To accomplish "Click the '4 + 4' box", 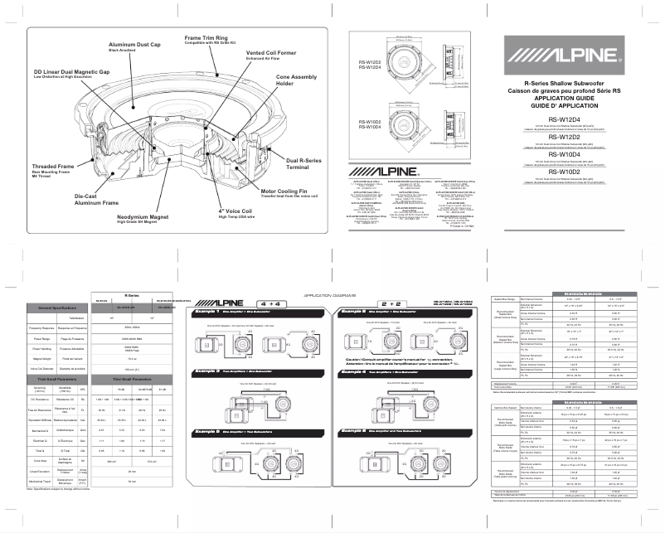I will (x=274, y=304).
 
